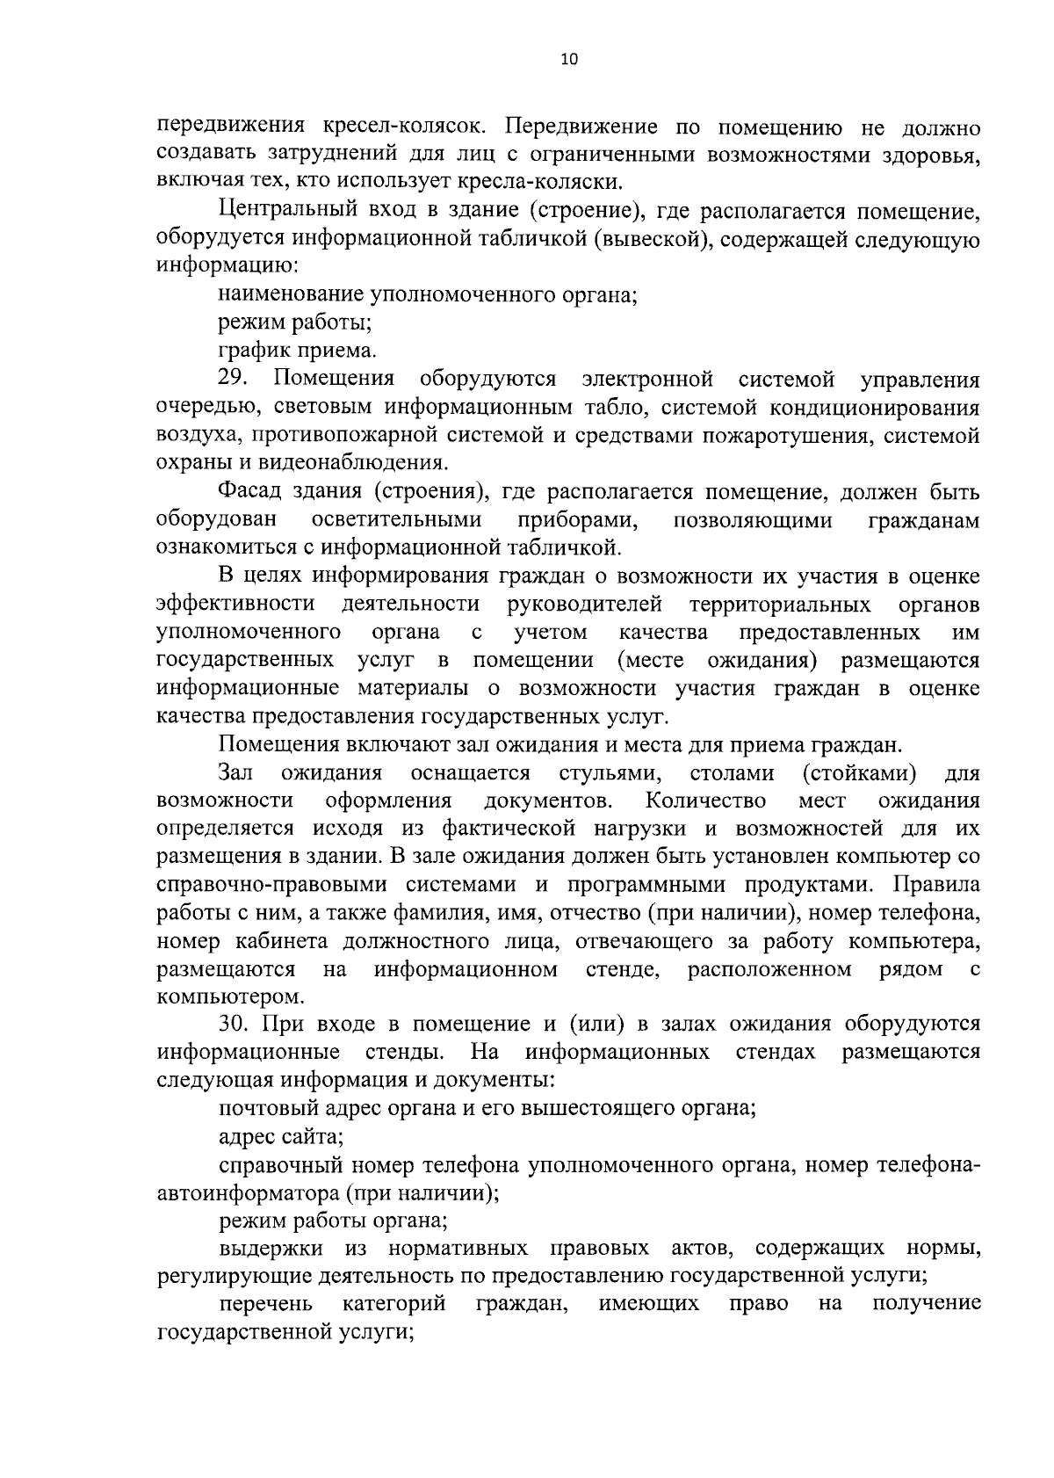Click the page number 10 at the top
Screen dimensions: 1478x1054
tap(569, 60)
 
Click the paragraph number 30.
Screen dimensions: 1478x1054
tap(235, 1024)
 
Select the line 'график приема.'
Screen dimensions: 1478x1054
tap(297, 351)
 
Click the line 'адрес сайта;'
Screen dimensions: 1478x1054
tap(280, 1136)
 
